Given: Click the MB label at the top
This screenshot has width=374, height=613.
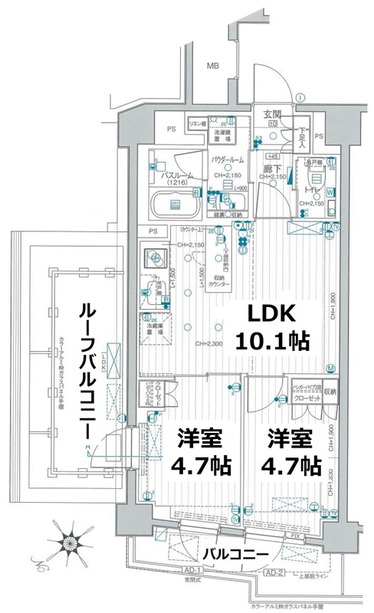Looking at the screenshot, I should point(213,67).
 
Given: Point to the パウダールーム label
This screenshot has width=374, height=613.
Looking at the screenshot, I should point(227,159).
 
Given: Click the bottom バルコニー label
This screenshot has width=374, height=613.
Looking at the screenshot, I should point(234,552).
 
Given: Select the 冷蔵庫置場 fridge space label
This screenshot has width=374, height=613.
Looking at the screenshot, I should point(155,327).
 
